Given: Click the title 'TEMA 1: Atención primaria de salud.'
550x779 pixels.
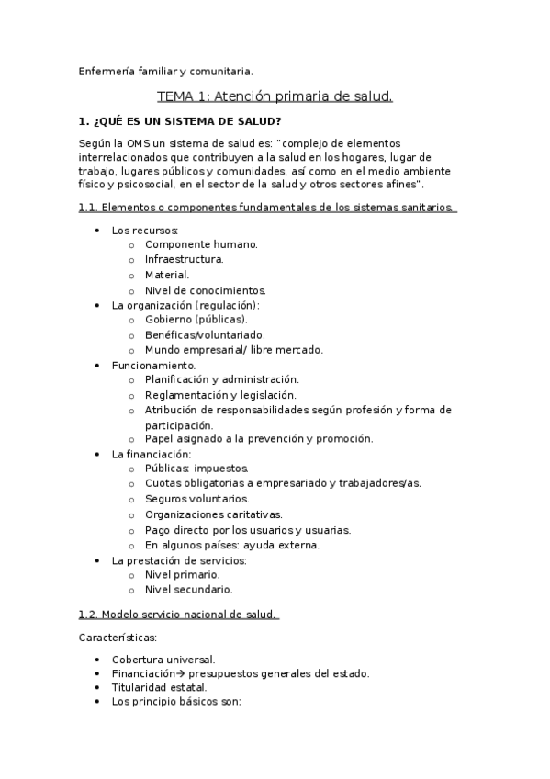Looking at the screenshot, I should pos(275,96).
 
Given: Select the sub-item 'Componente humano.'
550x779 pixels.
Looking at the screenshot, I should pos(201,244).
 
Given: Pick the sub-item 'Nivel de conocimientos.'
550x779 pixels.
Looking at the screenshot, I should pos(206,289).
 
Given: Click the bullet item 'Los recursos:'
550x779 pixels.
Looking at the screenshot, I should pos(144,230).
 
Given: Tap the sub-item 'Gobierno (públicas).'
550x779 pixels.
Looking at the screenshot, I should pos(196,320).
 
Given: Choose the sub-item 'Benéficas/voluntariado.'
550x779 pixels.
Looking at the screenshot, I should pos(205,334).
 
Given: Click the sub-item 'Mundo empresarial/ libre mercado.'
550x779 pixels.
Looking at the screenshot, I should pos(234,349).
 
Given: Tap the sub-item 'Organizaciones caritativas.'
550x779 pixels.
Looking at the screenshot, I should pos(214,514).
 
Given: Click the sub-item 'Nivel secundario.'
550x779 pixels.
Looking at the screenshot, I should pos(188,589).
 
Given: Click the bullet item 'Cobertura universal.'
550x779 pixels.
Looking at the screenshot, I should pos(163,659).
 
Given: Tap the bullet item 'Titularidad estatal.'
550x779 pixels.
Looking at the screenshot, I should pos(159,687).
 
